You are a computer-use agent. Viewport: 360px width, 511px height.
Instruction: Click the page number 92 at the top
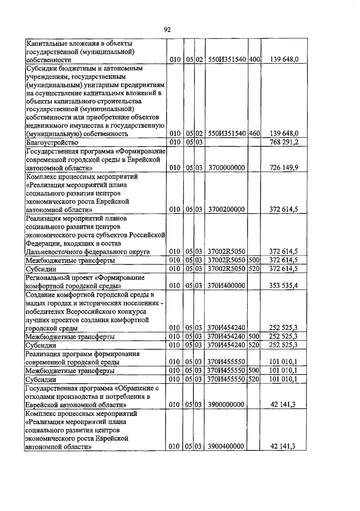coord(167,30)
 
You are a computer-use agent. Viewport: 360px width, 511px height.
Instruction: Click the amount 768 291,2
coord(284,142)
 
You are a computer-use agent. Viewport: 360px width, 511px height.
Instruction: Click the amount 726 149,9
coord(284,167)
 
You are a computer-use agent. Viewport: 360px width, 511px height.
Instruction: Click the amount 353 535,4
coord(284,285)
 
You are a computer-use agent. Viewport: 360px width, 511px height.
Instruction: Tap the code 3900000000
coord(226,405)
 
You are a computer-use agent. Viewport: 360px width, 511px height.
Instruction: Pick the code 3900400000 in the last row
coord(226,447)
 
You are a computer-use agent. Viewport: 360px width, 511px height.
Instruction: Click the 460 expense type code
coord(254,133)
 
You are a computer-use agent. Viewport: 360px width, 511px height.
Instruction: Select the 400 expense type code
coord(254,59)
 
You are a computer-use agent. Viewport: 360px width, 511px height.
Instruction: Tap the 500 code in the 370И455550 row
coord(254,371)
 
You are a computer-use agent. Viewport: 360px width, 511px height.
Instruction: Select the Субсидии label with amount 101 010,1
coord(41,379)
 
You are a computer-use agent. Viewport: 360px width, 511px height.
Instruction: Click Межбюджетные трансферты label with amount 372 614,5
coord(70,260)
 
